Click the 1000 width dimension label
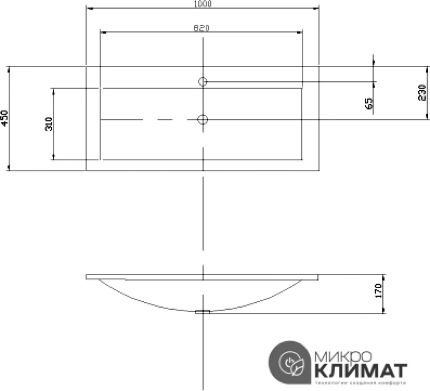(202, 4)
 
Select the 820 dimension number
(202, 28)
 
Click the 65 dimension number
(369, 103)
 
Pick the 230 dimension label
(421, 93)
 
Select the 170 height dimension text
(378, 291)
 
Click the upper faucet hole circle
(202, 82)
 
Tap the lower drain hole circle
(202, 119)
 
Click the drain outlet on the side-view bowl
(202, 312)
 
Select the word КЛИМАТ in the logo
(359, 369)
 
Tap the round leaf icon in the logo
(292, 364)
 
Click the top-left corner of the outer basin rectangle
(86, 66)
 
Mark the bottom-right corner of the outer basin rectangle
(319, 171)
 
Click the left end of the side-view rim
(86, 277)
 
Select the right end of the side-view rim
(318, 277)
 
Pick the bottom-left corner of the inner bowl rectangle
(100, 160)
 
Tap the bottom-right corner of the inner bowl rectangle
(302, 160)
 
